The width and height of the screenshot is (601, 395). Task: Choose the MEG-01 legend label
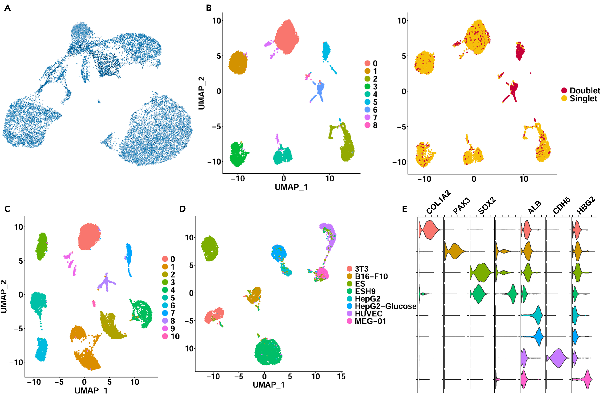pyautogui.click(x=370, y=321)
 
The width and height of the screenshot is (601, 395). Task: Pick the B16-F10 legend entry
pyautogui.click(x=371, y=276)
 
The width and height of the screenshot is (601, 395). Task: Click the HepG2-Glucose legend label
pyautogui.click(x=385, y=306)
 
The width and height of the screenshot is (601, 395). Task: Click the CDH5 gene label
pyautogui.click(x=562, y=205)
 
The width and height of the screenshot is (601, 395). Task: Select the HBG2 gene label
pyautogui.click(x=586, y=205)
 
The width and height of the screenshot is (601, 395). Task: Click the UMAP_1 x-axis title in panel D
pyautogui.click(x=268, y=385)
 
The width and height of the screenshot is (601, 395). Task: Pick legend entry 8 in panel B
pyautogui.click(x=375, y=125)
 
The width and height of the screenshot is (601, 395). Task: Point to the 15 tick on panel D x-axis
pyautogui.click(x=341, y=377)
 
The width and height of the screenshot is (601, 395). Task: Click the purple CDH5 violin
pyautogui.click(x=558, y=358)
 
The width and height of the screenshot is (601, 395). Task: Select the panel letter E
pyautogui.click(x=405, y=209)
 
